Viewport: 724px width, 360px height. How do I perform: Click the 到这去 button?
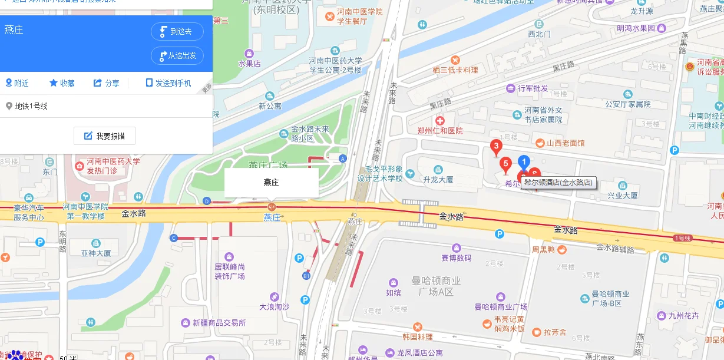pos(177,32)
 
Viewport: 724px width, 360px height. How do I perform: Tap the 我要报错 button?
pos(105,136)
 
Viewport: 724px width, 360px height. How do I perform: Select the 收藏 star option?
pos(62,83)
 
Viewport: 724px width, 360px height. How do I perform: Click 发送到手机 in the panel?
pos(168,83)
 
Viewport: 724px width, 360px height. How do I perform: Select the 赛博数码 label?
pos(456,257)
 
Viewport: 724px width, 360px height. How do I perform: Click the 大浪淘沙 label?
pos(274,306)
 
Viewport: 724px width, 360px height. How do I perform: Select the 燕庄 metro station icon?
pos(272,206)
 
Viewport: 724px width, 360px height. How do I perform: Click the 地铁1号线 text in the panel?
pos(31,106)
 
